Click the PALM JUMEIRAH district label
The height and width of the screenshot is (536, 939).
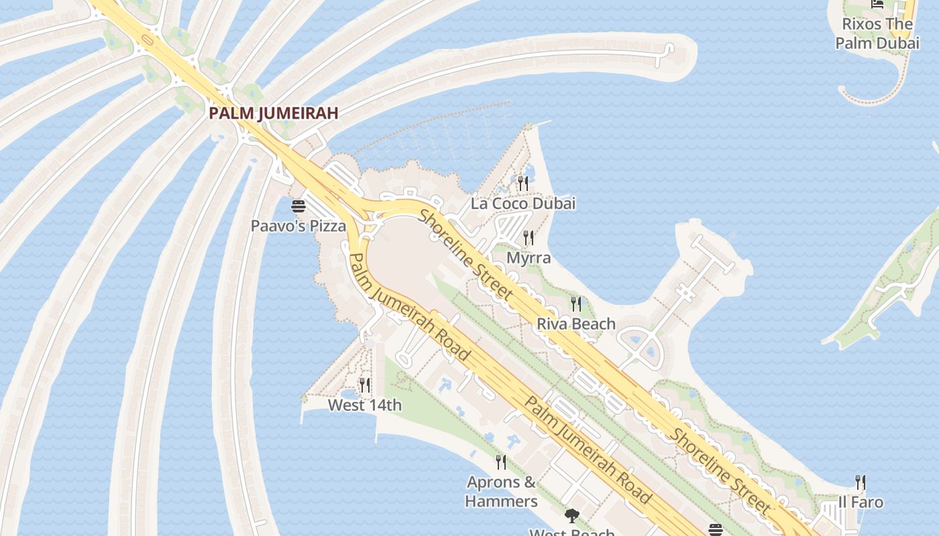click(273, 113)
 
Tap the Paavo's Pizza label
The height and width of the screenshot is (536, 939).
click(298, 226)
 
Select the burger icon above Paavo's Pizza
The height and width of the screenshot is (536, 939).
click(298, 206)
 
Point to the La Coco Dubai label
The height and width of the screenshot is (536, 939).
click(523, 204)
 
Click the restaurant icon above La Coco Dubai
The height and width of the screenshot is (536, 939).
click(523, 183)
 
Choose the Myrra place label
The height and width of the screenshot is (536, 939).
click(529, 258)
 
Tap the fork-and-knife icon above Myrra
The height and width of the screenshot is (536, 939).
click(529, 237)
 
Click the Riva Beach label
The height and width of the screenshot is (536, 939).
click(575, 324)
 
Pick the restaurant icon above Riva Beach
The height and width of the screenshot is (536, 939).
click(575, 304)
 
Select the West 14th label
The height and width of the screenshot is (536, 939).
click(365, 405)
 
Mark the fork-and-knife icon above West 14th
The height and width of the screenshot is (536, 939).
click(365, 385)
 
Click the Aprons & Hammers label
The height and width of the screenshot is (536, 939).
click(501, 492)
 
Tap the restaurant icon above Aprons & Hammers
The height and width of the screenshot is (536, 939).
click(501, 462)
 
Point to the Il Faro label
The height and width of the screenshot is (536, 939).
click(861, 503)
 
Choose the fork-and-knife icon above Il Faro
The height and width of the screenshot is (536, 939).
click(861, 482)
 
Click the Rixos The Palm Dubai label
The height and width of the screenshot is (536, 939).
click(877, 33)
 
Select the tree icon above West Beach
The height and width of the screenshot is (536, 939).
click(571, 516)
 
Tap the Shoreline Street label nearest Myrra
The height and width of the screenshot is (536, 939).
click(467, 255)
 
